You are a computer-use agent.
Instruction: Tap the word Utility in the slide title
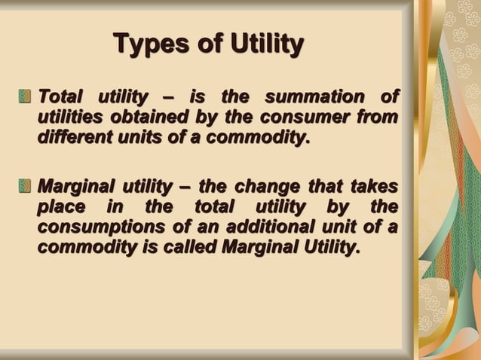click(259, 44)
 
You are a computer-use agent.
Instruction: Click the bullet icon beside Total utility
click(26, 97)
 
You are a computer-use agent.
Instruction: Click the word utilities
click(71, 118)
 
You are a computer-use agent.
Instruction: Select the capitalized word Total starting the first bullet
click(60, 97)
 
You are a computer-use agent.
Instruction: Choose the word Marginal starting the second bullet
click(75, 185)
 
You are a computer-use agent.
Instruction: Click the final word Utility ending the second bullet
click(323, 247)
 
